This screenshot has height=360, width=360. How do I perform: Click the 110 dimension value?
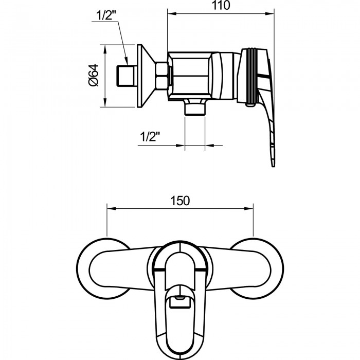click(x=221, y=5)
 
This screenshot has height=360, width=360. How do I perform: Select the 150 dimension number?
click(x=180, y=201)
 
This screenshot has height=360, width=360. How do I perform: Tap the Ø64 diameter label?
click(x=94, y=76)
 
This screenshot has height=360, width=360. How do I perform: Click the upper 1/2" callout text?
click(x=106, y=16)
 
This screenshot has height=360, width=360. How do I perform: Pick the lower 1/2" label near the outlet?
click(x=150, y=137)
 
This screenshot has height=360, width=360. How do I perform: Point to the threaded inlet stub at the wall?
click(x=125, y=76)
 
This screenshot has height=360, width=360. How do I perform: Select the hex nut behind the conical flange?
click(x=161, y=76)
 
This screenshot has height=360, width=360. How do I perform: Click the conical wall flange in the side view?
click(x=146, y=76)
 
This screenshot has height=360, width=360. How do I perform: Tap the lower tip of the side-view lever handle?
click(x=273, y=166)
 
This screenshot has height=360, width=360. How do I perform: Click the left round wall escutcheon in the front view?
click(x=103, y=269)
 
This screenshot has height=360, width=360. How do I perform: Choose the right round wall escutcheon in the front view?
click(x=257, y=269)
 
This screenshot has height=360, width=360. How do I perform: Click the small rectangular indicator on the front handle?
click(x=180, y=302)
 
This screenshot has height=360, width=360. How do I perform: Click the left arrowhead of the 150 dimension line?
click(x=112, y=208)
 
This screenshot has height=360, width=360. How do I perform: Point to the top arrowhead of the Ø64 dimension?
click(x=105, y=49)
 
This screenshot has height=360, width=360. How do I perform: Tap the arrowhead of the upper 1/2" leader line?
click(x=126, y=60)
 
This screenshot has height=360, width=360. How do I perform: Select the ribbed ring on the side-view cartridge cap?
click(x=252, y=76)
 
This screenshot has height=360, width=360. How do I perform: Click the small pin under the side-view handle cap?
click(x=250, y=105)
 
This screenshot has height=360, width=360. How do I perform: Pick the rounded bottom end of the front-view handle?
click(x=180, y=353)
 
